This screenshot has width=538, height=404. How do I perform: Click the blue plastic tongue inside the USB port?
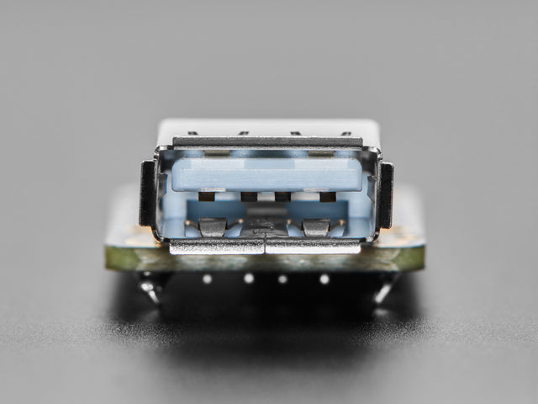tap(266, 174)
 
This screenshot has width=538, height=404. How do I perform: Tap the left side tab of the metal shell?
tap(147, 193)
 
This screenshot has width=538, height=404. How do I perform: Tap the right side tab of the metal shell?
tap(386, 194)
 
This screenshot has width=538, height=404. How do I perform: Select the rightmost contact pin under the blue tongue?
tap(327, 196)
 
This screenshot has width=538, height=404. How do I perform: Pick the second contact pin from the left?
tap(249, 197)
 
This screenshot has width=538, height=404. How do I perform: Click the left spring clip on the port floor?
tap(212, 227)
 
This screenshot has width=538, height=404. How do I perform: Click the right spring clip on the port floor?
tap(316, 227)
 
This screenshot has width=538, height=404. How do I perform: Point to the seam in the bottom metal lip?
tap(265, 246)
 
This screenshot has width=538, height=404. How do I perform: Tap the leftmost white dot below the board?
tap(207, 278)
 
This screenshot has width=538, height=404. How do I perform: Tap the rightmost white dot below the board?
tap(324, 279)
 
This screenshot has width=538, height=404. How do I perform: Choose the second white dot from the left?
tap(249, 278)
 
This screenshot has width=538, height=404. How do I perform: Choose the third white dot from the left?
tap(282, 279)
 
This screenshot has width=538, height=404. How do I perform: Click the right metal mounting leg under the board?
tap(382, 290)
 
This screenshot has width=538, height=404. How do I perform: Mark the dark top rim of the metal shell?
tap(267, 142)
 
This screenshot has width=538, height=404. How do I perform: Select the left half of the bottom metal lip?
tap(217, 246)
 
